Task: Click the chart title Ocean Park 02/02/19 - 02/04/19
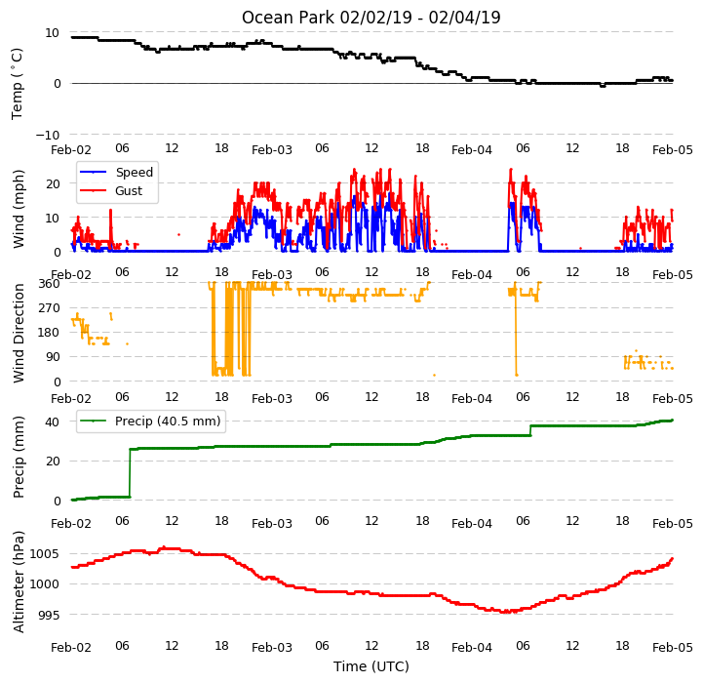371,18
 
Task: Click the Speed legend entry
116,172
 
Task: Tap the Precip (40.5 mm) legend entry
150,421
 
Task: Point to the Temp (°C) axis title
17,84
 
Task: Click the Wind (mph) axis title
18,209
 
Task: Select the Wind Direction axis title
18,333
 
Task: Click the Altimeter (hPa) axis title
18,583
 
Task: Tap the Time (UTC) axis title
371,666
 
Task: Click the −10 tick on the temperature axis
47,135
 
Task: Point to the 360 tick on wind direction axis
50,284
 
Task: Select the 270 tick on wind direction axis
50,308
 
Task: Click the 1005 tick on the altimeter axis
45,554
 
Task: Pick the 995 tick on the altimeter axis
48,615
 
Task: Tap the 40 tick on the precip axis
53,422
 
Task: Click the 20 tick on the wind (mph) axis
53,184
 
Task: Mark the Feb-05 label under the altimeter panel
673,648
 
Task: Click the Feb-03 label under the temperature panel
272,150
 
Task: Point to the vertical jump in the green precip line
130,473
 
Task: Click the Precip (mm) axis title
18,457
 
